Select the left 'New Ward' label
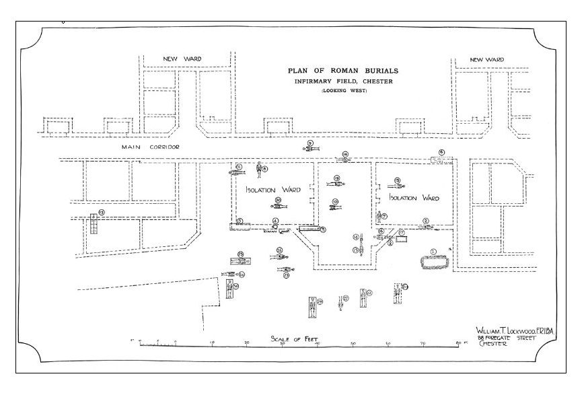pos(182,59)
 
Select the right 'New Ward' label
pos(486,60)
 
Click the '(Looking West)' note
pos(342,91)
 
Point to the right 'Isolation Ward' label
pos(414,199)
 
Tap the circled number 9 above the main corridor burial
pos(310,143)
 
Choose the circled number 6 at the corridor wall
pos(442,153)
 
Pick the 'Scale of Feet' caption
pos(294,338)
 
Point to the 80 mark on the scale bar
pos(459,343)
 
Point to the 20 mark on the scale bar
pos(246,343)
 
